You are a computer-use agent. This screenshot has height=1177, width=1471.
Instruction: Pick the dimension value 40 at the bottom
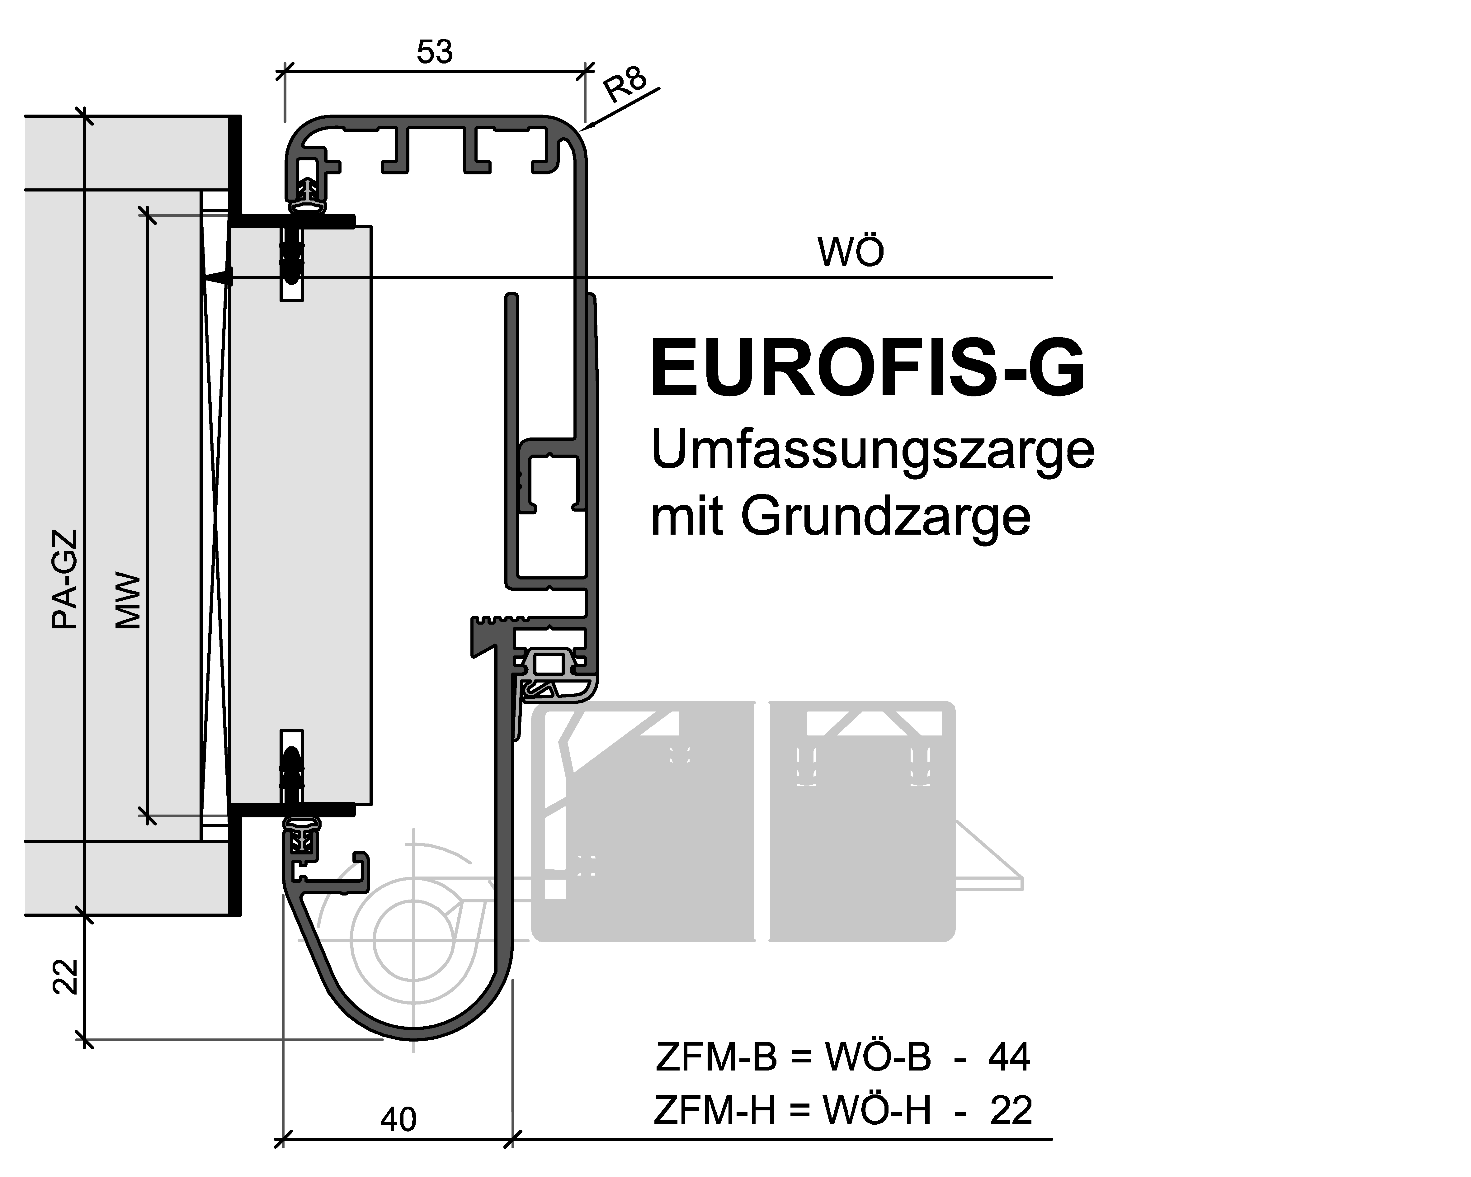pos(398,1119)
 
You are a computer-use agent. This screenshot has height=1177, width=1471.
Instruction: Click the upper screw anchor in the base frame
pos(292,259)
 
